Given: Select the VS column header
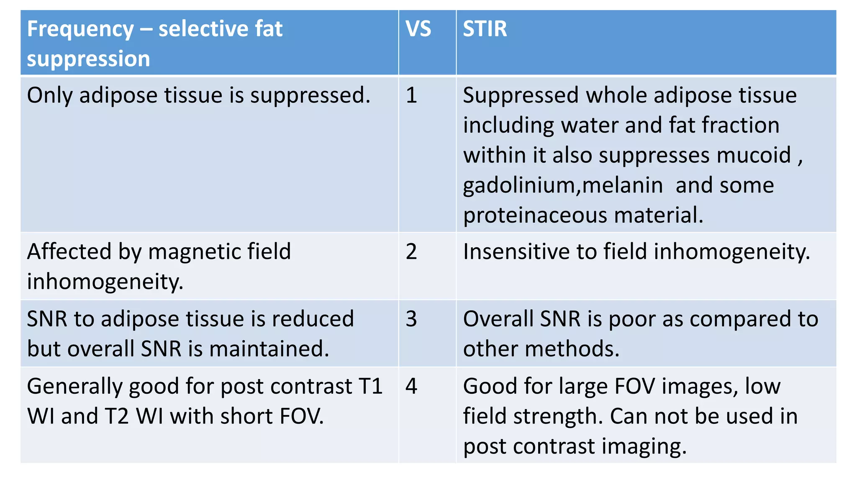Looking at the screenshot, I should tap(418, 29).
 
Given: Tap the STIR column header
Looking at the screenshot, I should tap(485, 29).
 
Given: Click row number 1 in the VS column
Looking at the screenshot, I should tap(411, 95).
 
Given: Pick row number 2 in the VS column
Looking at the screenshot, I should tap(411, 252).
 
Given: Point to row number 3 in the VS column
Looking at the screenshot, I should tap(411, 319).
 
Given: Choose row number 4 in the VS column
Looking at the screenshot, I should tap(411, 386).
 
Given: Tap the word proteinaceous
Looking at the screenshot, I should tap(535, 215).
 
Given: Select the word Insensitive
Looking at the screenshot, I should tap(516, 252).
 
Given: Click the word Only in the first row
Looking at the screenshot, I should tap(50, 95).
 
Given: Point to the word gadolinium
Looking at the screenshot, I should tap(519, 185).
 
